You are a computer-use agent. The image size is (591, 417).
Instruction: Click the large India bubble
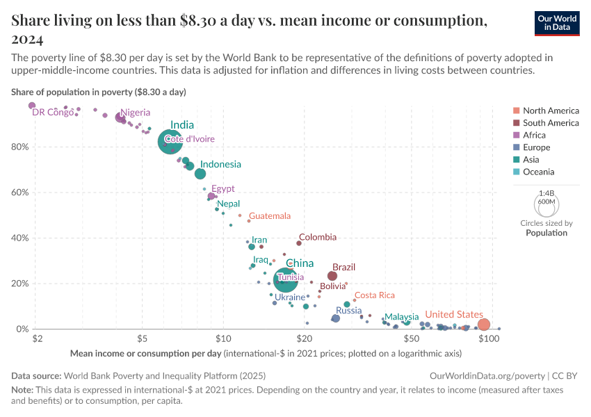coord(170,142)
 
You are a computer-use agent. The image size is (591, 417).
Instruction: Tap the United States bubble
coord(484,325)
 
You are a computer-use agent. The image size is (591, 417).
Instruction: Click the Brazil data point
coord(332,276)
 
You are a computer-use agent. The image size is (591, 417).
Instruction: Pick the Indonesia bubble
coord(200,174)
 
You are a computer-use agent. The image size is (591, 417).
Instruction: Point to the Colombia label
coord(317,237)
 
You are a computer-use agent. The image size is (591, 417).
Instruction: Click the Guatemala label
coord(270,216)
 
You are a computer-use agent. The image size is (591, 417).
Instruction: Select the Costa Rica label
coord(375,295)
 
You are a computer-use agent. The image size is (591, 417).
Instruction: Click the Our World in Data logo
coord(557,23)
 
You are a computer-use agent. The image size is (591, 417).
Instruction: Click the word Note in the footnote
coord(22,390)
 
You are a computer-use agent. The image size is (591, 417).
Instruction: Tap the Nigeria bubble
coord(120,117)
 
